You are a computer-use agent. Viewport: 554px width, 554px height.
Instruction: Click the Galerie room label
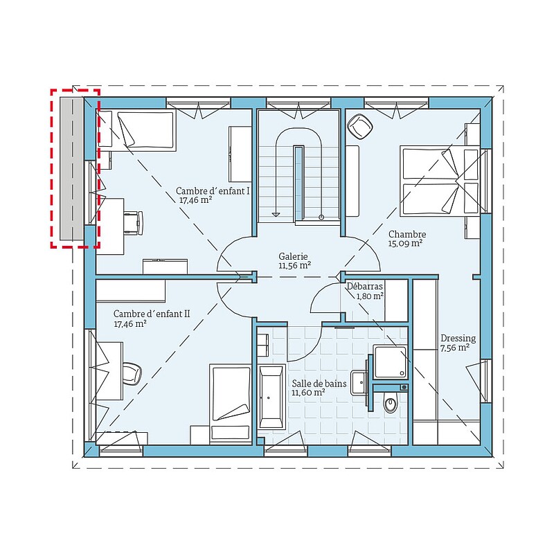coord(293,256)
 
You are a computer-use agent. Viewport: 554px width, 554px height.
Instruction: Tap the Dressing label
coord(458,339)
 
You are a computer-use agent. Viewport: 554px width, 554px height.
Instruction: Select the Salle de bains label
coord(319,384)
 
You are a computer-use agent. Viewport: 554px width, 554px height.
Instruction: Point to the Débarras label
coord(365,286)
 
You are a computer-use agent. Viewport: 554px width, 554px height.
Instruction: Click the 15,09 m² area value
coord(406,244)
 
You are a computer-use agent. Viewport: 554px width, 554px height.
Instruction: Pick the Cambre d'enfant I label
coord(213,191)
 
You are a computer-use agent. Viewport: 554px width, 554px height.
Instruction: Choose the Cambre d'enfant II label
coord(152,314)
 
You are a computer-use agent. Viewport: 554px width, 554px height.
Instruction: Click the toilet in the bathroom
coord(391,402)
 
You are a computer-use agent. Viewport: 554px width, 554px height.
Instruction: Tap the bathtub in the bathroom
coord(271,397)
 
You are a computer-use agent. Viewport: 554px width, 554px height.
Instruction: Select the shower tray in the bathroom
coord(390,362)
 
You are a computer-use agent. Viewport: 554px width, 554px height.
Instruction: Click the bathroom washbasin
coord(359,383)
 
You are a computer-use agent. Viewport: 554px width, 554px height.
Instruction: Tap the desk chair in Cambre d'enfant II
coord(132,373)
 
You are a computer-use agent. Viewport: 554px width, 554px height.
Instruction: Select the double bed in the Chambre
coord(440,181)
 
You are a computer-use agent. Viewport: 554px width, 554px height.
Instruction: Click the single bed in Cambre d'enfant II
coord(231,403)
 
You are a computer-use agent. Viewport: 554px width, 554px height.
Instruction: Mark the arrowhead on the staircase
coord(276,214)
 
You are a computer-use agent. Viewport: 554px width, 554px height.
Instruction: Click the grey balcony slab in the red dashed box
coord(72,168)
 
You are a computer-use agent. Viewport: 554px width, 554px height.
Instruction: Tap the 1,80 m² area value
coord(370,296)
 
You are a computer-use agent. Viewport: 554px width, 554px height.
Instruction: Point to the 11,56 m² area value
coord(295,265)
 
